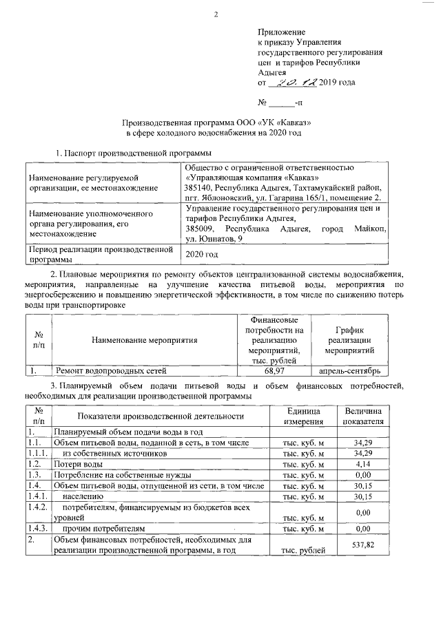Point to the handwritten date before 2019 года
291,83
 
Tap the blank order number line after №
280,103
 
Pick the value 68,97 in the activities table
274,370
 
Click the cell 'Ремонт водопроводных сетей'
105,370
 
